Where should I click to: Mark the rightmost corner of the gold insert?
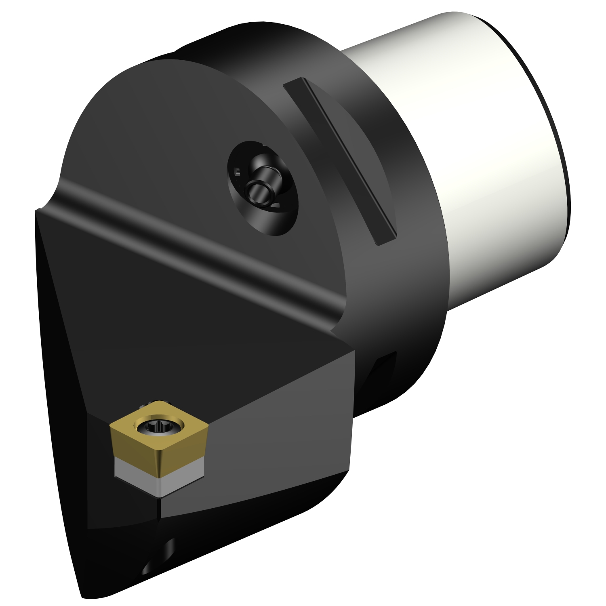[208, 423]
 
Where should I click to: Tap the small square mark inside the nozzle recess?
[238, 173]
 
